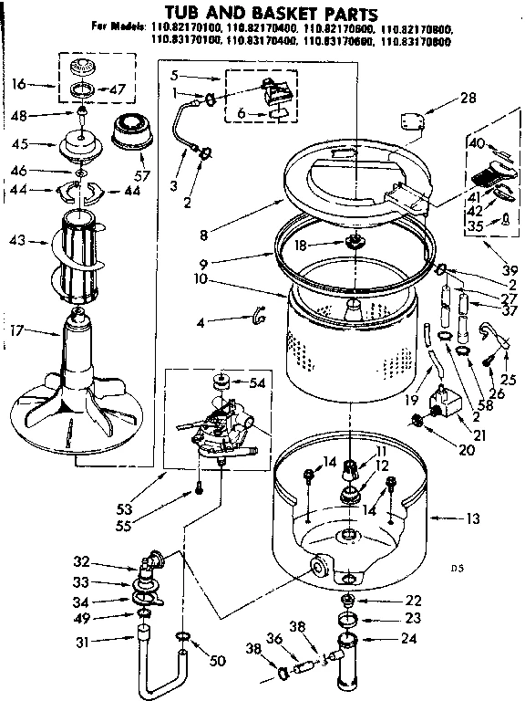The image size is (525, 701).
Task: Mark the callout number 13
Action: click(x=471, y=519)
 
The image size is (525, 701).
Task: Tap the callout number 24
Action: click(x=413, y=639)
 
